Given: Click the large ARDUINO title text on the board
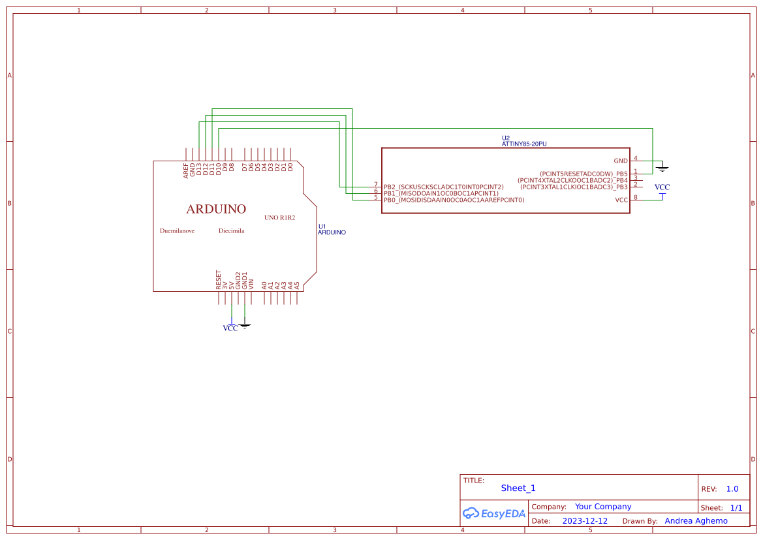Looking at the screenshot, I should pos(216,209).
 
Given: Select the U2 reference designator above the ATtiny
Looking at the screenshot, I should pos(506,138).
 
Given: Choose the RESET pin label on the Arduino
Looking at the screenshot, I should pos(219,279).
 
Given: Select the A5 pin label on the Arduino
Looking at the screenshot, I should pos(297,285).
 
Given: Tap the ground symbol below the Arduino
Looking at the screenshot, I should pos(245,325).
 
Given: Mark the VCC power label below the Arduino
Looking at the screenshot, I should pos(230,328).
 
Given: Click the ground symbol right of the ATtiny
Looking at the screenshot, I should pos(662,168).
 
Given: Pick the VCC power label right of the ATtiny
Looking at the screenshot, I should pos(662,187).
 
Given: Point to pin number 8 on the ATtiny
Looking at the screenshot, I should pos(636,197).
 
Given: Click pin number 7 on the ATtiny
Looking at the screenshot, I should pos(376,185).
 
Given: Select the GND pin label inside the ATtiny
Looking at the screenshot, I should pos(620,161).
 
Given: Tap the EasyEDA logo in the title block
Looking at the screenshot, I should pos(494,513).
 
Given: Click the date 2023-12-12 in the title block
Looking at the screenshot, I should pos(585,521).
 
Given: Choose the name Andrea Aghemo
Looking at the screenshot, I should pos(696,521).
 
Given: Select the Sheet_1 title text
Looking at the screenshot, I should pos(518,488).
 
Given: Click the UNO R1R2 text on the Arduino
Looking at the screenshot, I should pos(279,217).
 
